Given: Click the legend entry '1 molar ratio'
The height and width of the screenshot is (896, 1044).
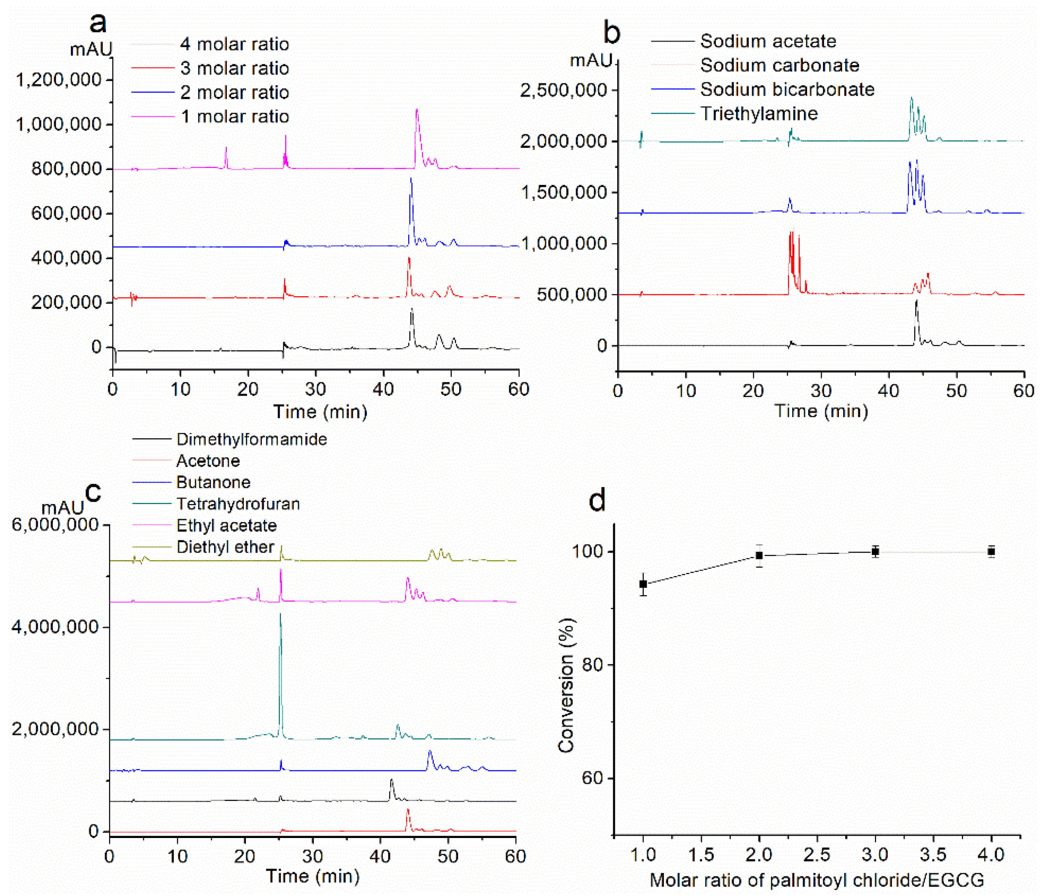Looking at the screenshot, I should pos(235,116).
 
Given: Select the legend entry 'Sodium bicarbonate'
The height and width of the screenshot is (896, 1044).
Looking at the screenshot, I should pos(787,89).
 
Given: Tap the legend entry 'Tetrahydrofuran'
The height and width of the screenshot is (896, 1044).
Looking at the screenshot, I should pos(238,504).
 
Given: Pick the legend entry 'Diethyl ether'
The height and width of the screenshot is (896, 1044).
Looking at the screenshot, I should pos(225,547).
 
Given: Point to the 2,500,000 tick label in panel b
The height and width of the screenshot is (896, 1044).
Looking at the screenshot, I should pos(563,91).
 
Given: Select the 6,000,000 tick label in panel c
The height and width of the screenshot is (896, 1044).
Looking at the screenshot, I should pos(55,525).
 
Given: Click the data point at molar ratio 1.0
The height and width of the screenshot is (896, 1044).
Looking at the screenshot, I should pos(643,584).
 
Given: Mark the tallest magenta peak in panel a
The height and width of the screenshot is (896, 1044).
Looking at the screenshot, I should pos(417,111).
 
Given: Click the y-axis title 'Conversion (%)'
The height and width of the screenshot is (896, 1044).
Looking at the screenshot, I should pos(566,685).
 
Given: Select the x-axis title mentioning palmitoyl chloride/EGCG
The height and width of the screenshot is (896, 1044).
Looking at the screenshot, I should pos(817,880).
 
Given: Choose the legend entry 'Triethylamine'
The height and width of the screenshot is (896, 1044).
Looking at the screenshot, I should pos(759,113).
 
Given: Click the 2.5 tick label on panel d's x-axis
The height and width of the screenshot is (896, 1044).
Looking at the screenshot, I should pos(817,854).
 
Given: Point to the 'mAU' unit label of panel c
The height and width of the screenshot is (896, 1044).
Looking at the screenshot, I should pos(63,507).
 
